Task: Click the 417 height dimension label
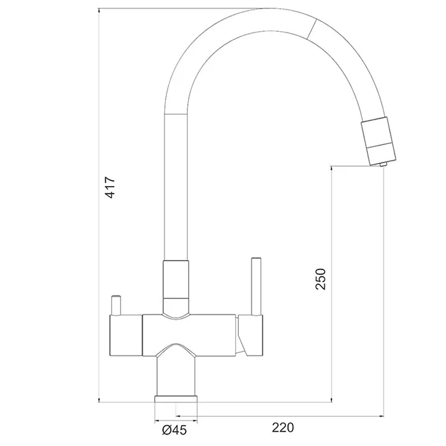coord(110,187)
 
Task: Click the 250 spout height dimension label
coord(320,279)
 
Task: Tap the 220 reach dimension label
coord(283,428)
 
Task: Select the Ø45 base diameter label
coord(175,430)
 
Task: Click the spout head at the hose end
coord(378,140)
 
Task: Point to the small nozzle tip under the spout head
coord(383,164)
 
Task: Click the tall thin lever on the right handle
coord(256,287)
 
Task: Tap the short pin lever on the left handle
coord(116,305)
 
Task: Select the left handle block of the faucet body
coord(126,335)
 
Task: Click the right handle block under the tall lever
coord(251,335)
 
